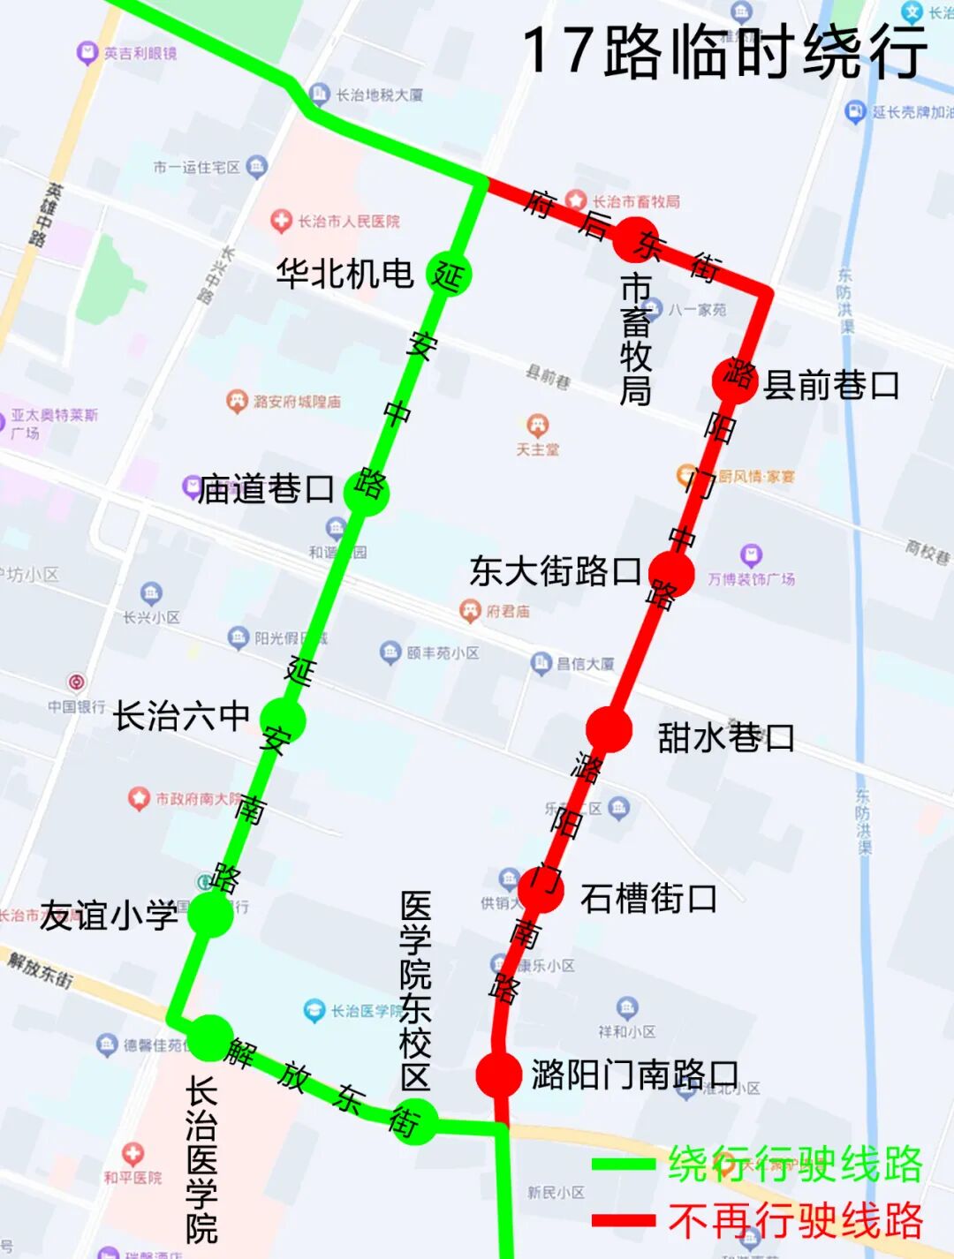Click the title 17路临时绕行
point(724,52)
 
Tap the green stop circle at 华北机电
point(449,275)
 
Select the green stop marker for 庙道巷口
point(366,490)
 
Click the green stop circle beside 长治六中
point(284,720)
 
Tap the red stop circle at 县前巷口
point(735,381)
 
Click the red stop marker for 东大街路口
point(671,572)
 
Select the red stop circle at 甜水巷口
point(609,730)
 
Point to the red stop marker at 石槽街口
point(541,888)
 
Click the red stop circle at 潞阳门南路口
point(499,1074)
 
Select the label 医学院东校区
point(415,991)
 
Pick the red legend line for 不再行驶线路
point(624,1221)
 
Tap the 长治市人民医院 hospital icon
point(281,221)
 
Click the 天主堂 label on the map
point(538,449)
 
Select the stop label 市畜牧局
point(636,339)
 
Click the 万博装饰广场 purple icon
point(751,555)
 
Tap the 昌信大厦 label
point(585,663)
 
